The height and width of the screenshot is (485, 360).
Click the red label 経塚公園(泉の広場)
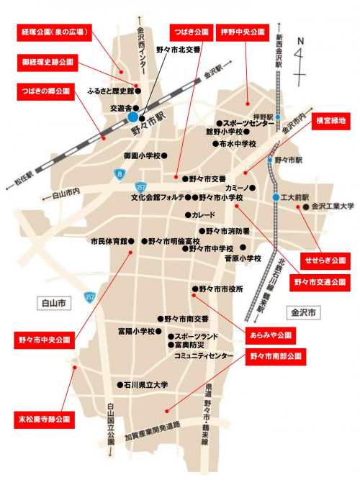click(x=54, y=32)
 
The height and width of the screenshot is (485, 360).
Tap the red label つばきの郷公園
click(x=45, y=91)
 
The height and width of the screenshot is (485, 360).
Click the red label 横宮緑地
click(x=332, y=122)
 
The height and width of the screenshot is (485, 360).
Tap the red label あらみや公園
click(x=271, y=335)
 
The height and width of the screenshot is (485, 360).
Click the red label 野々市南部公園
click(x=277, y=355)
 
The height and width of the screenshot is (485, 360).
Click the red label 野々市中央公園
click(x=45, y=338)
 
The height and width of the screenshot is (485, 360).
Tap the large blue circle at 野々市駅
click(x=133, y=117)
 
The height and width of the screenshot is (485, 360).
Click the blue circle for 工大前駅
click(x=276, y=197)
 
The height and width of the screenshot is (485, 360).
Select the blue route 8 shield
click(x=119, y=174)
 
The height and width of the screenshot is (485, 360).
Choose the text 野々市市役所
click(x=222, y=289)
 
